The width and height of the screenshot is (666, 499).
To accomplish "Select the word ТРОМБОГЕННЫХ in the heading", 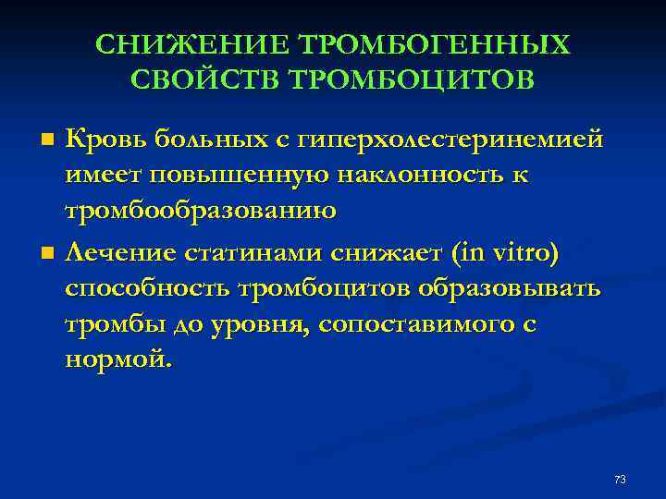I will pyautogui.click(x=432, y=45).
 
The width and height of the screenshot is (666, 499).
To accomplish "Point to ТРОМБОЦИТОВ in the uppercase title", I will pyautogui.click(x=412, y=79).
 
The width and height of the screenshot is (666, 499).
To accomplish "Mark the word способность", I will pyautogui.click(x=147, y=288).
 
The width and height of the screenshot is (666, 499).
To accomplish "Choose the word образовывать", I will pyautogui.click(x=508, y=288).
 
